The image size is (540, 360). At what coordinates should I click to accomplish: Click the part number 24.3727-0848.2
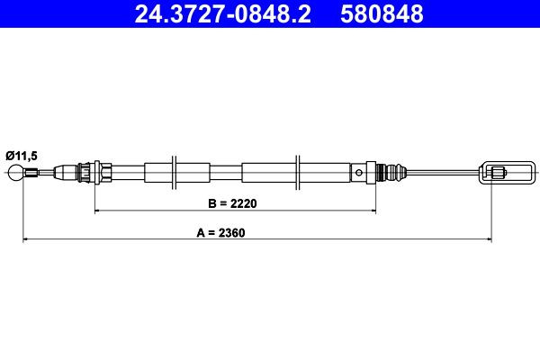click(223, 13)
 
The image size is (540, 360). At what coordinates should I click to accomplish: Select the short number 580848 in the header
click(382, 13)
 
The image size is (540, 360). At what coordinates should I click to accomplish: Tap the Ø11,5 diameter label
click(22, 156)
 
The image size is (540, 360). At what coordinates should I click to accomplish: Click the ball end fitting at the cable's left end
click(16, 173)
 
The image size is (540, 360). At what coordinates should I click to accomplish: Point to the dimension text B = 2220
click(232, 203)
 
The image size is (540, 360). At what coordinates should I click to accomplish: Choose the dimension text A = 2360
click(220, 232)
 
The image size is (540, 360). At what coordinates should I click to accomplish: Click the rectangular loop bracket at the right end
click(508, 172)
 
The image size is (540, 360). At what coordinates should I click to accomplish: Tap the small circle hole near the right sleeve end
click(359, 172)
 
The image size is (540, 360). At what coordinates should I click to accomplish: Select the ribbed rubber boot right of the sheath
click(391, 172)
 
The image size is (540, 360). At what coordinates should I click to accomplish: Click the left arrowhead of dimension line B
click(97, 210)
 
